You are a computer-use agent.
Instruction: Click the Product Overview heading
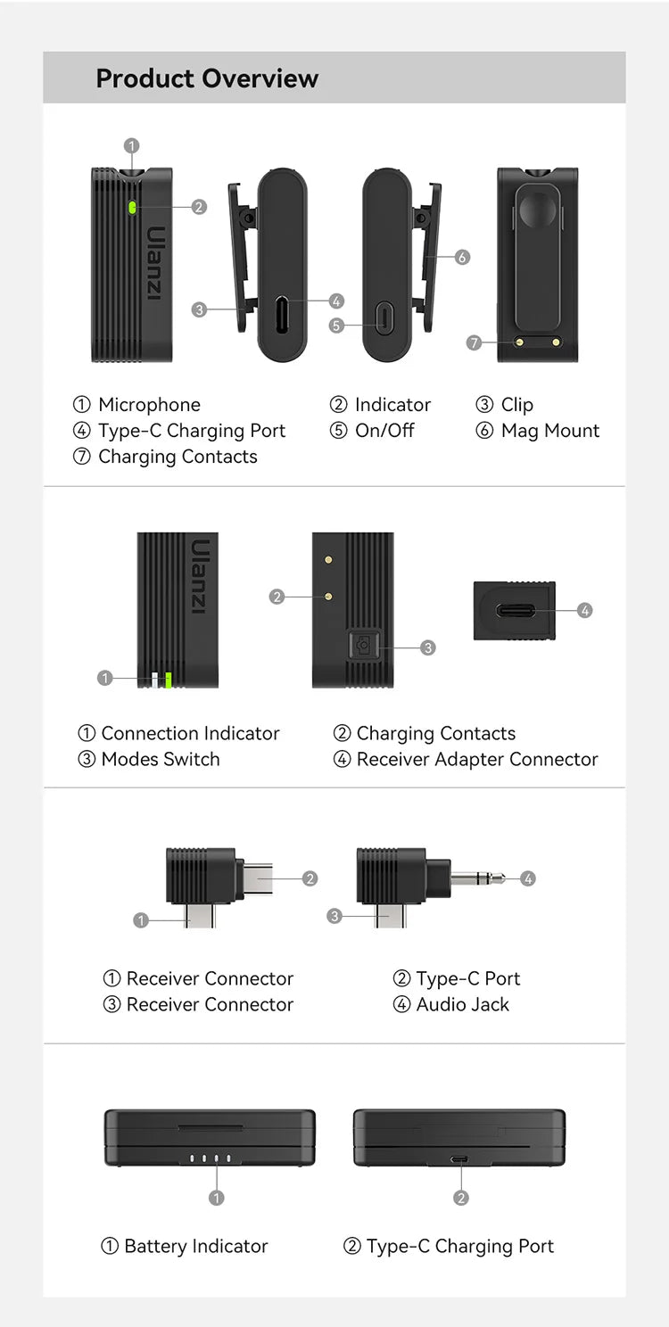click(x=207, y=78)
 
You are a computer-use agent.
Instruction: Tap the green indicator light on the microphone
click(x=131, y=207)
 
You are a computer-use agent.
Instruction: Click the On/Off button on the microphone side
click(x=384, y=317)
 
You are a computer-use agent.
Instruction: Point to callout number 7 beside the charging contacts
click(x=475, y=342)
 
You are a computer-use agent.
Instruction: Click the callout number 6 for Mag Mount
click(x=462, y=258)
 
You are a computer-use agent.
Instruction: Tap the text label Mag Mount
click(x=549, y=431)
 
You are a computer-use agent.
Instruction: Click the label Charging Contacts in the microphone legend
click(x=178, y=457)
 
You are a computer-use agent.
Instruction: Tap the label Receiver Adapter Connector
click(x=477, y=760)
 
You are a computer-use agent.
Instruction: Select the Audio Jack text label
click(x=462, y=1004)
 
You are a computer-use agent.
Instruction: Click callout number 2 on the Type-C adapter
click(x=310, y=878)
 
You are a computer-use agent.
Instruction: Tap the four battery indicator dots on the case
click(x=211, y=1159)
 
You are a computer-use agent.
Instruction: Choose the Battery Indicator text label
click(x=195, y=1247)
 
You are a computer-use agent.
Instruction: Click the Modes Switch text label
click(x=161, y=760)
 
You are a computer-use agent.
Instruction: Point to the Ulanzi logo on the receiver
click(x=200, y=576)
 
